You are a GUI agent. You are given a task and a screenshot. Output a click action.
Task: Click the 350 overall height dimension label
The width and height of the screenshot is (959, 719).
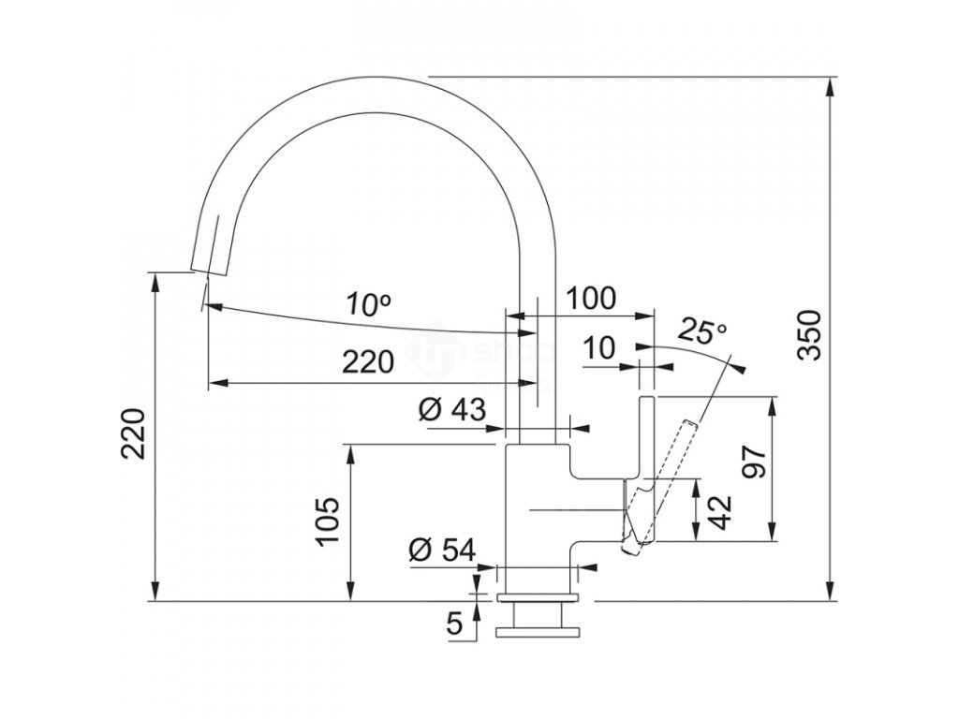tap(810, 333)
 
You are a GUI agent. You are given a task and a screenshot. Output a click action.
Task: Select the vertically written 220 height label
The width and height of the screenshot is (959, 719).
tap(134, 433)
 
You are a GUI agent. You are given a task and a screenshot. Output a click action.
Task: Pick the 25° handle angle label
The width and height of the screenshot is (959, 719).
tap(702, 330)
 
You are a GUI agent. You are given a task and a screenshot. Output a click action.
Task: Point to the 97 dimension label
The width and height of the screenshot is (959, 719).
tap(756, 462)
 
